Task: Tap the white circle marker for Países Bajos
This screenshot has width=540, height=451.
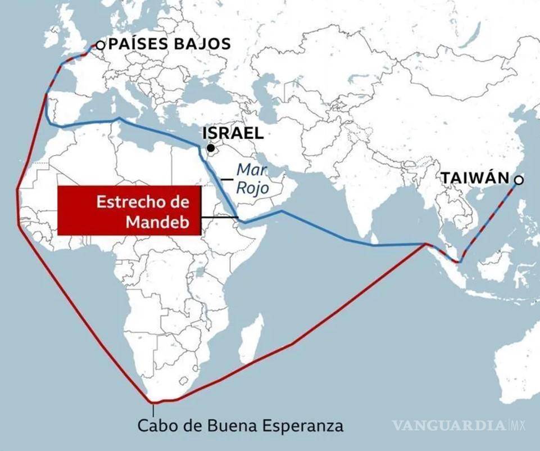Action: point(100,46)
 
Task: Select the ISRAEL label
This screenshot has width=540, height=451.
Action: point(233,133)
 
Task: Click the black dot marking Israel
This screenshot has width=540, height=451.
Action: point(210,148)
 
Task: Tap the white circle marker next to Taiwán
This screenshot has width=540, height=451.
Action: point(519,180)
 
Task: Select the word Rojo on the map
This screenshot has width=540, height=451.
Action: point(252,188)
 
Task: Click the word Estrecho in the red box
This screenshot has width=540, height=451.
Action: point(134,202)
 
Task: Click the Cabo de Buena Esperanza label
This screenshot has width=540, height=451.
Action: point(240,425)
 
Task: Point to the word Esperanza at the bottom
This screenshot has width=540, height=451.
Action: point(307,426)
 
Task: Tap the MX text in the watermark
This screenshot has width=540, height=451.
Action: point(518,425)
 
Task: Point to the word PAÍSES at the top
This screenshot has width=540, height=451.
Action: point(135,44)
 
